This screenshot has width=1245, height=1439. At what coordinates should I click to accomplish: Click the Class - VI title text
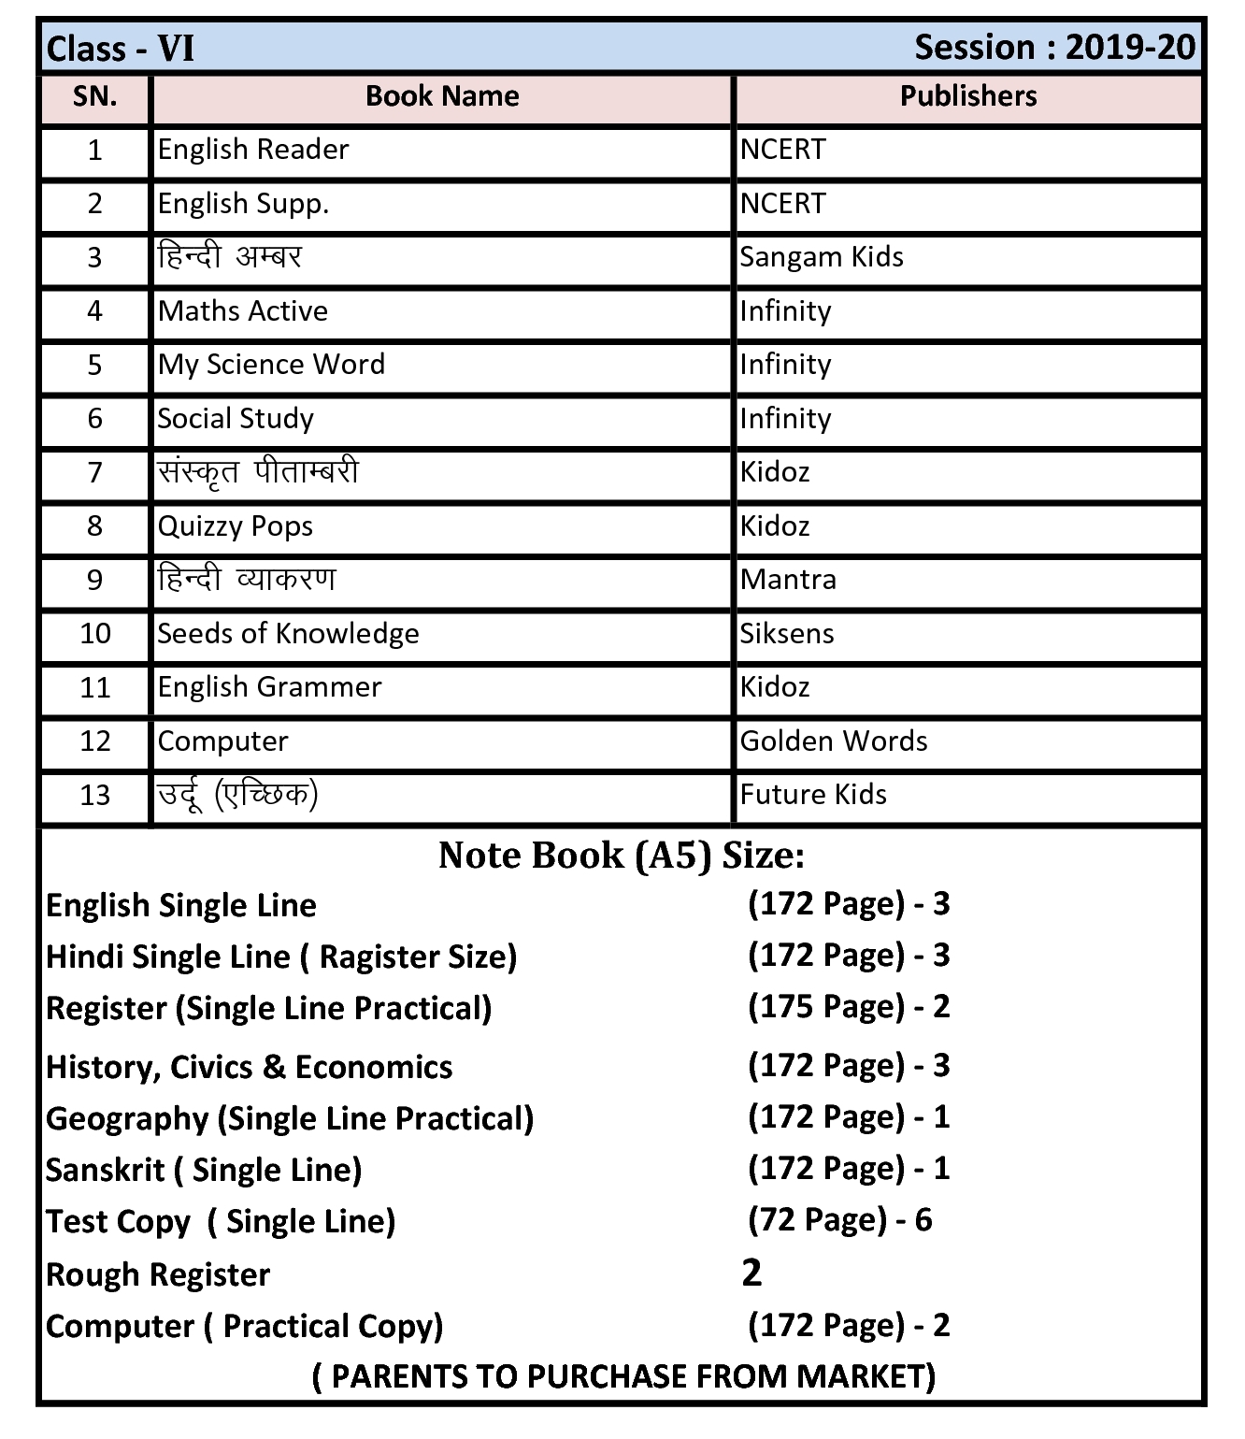coord(121,49)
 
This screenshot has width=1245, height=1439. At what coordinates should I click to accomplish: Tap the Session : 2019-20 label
coord(1054,47)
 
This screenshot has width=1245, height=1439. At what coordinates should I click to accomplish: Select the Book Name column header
coord(442,96)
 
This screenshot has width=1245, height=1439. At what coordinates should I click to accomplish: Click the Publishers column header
coord(968,96)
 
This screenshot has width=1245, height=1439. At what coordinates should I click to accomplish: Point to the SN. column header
coord(95,96)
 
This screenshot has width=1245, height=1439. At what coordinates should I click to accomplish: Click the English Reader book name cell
coord(253,150)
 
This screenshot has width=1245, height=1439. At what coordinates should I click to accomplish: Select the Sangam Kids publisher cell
coord(822,257)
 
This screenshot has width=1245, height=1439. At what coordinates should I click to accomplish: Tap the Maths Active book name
coord(243,311)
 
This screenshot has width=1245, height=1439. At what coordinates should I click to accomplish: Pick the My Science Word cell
coord(271,365)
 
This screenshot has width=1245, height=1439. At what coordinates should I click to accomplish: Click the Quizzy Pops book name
coord(236,526)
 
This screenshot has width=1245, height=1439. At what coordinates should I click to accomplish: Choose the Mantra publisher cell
coord(788,580)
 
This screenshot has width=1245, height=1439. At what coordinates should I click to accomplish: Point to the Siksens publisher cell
coord(787,634)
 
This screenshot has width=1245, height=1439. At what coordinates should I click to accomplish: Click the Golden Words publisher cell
coord(834,741)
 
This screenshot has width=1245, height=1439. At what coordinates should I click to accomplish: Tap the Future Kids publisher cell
coord(813,795)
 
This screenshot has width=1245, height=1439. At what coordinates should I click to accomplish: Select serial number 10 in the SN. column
coord(95,634)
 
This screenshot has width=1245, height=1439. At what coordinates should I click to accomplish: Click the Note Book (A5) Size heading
coord(622,856)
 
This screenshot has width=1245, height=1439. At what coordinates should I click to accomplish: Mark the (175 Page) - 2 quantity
coord(849,1007)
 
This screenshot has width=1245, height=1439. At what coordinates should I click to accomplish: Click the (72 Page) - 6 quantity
coord(840,1220)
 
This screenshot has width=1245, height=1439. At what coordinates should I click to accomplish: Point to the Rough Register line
coord(158,1275)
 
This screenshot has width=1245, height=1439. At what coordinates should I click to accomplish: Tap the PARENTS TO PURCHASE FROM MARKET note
coord(623,1376)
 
